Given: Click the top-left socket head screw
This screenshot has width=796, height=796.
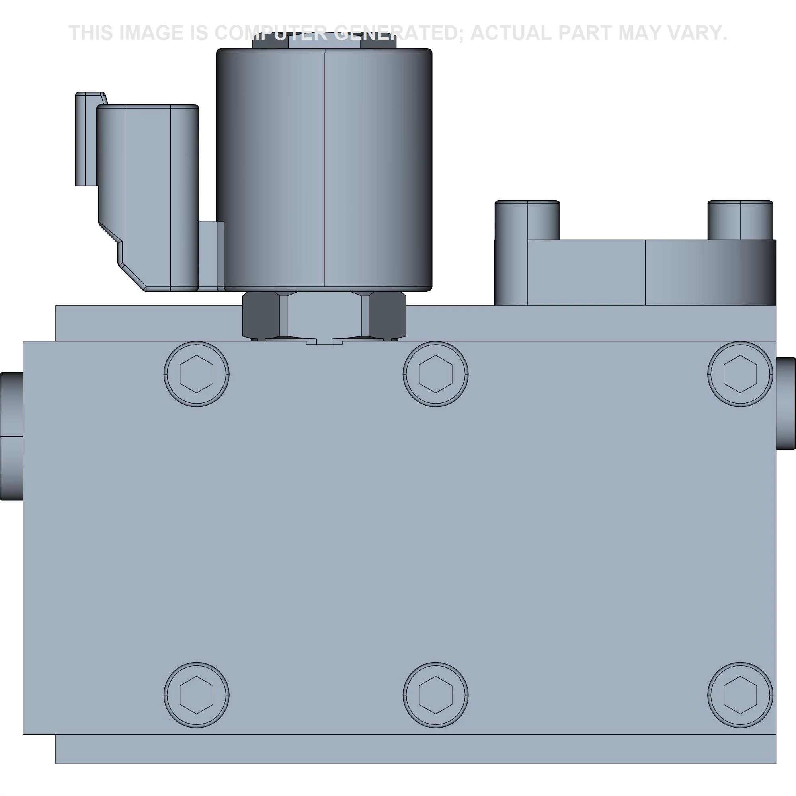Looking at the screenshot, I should [197, 374].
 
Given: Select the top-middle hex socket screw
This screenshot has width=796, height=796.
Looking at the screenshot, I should [435, 374].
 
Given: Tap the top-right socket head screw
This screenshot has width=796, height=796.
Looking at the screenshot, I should [740, 374].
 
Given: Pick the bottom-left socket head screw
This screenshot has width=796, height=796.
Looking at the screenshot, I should [197, 695].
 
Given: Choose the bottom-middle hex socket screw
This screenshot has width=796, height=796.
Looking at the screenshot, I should [435, 695].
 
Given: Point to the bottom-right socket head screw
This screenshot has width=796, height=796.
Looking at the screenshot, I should [740, 695].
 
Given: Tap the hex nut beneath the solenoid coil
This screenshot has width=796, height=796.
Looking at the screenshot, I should [324, 315].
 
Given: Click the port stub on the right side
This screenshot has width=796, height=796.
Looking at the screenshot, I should [786, 404].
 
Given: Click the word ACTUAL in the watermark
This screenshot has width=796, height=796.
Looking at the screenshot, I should [511, 33].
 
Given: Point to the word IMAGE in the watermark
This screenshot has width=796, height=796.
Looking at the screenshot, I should [151, 33].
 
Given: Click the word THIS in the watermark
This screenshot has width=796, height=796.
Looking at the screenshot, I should [91, 33].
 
